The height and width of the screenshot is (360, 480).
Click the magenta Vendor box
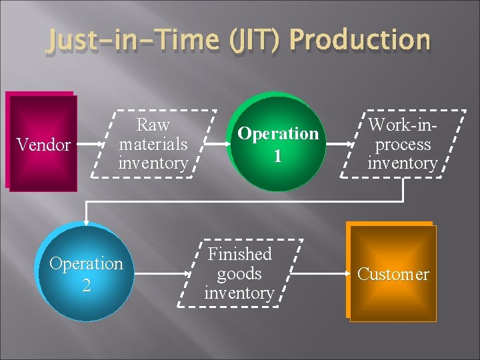pyautogui.click(x=42, y=143)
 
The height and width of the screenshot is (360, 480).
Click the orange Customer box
pyautogui.click(x=392, y=274)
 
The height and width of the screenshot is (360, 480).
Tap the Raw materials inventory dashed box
pyautogui.click(x=153, y=143)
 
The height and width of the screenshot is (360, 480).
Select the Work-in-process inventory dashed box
pyautogui.click(x=403, y=143)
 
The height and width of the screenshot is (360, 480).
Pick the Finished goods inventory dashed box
pyautogui.click(x=240, y=273)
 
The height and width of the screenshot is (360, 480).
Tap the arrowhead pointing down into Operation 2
pyautogui.click(x=86, y=220)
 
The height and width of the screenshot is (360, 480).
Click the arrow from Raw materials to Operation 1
pyautogui.click(x=215, y=143)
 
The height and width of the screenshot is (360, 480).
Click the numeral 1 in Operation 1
pyautogui.click(x=278, y=155)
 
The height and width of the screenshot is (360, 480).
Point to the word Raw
pyautogui.click(x=153, y=125)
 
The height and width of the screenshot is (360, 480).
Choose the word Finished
pyautogui.click(x=240, y=254)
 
